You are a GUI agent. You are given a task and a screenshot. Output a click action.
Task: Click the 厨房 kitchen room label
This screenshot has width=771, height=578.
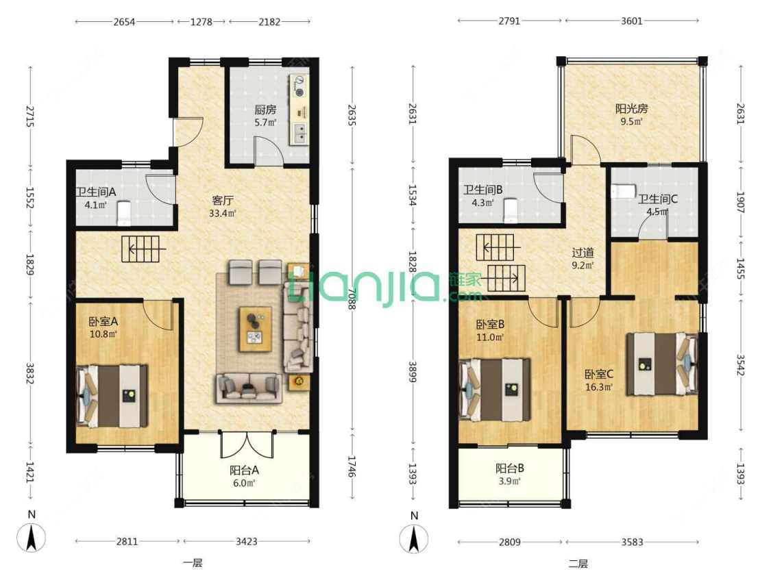click(265, 110)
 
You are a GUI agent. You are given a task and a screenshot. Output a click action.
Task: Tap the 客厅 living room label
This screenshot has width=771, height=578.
click(222, 201)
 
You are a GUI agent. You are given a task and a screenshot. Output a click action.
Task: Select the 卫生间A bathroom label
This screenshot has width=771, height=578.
click(95, 192)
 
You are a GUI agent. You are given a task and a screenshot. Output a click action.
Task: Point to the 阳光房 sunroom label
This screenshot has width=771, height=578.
click(631, 109)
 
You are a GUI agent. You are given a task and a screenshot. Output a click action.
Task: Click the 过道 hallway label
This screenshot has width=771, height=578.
click(583, 253)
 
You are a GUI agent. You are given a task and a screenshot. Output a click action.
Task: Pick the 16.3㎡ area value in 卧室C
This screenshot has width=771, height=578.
click(598, 388)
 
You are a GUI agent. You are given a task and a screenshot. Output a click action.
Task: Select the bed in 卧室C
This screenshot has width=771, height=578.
click(662, 364)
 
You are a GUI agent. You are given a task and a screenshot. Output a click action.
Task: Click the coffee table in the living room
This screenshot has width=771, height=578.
click(255, 329)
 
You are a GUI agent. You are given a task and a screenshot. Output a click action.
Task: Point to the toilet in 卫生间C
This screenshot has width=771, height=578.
click(623, 191)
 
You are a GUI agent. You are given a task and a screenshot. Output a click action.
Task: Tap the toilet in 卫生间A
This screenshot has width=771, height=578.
click(124, 212)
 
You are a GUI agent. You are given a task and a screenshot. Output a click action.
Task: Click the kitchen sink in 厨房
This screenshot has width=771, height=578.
click(299, 133)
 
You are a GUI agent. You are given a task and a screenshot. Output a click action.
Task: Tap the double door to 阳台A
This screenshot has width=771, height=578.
click(246, 445)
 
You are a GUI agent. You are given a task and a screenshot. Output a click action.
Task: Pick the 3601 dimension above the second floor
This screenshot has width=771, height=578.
click(631, 21)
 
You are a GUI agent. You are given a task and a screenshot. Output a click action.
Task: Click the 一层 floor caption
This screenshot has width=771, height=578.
click(193, 563)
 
